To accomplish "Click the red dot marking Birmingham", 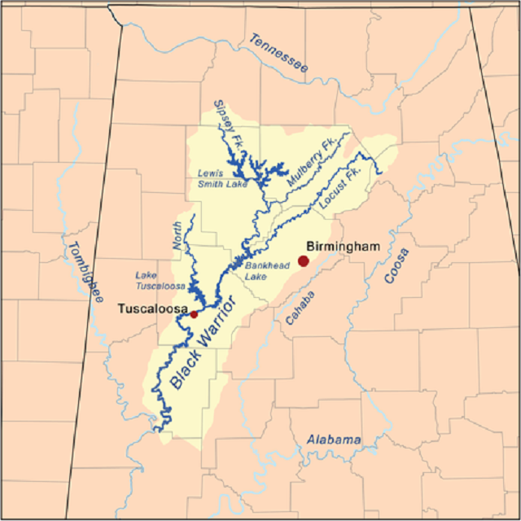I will pos(304,260).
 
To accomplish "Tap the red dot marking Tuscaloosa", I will pos(194,313).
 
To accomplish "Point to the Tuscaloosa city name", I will pos(152,309).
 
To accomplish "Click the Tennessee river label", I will pos(279,55).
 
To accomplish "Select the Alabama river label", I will pos(334,440).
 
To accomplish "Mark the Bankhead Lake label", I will pos(261,270).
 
